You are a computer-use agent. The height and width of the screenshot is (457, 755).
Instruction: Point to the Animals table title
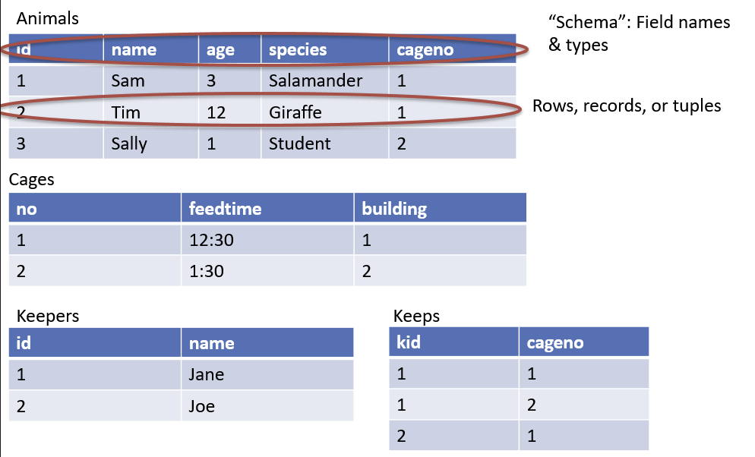(48, 19)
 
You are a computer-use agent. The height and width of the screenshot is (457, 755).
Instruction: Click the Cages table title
(32, 180)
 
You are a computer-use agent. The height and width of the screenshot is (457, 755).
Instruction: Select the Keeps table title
(416, 316)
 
